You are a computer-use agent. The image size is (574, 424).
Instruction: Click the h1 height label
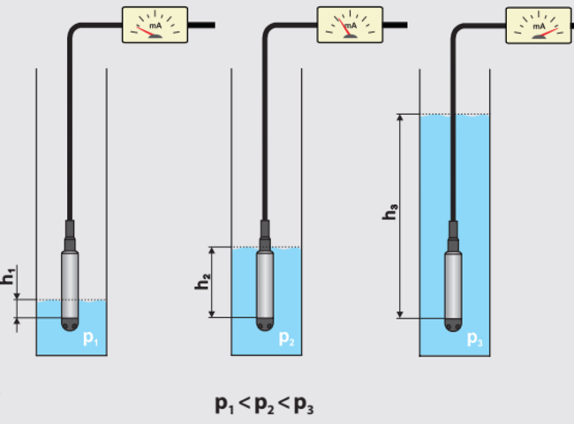(x=8, y=276)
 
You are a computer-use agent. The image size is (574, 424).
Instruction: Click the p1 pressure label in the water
(x=91, y=338)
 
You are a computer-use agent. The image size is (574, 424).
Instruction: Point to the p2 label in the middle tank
(x=287, y=338)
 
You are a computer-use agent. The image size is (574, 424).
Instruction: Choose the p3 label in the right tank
(x=475, y=338)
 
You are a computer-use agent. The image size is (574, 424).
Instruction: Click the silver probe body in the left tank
(x=72, y=283)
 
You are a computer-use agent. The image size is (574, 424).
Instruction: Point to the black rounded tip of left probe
(x=72, y=324)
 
